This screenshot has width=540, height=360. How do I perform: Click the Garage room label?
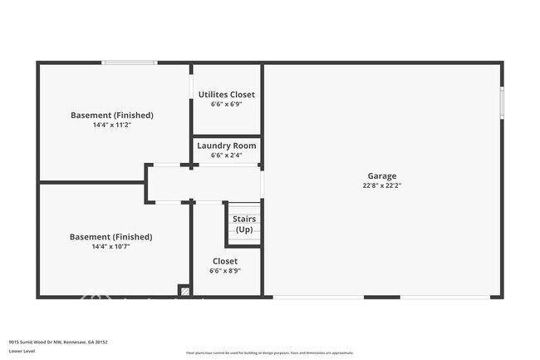(x=382, y=175)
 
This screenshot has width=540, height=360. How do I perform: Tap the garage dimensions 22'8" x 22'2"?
(x=382, y=185)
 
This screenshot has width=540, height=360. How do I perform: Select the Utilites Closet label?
(x=227, y=95)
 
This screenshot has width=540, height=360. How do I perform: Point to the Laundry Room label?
(x=227, y=145)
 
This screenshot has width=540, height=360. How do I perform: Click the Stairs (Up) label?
(x=244, y=224)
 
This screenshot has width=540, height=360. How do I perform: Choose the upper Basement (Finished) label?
(x=111, y=115)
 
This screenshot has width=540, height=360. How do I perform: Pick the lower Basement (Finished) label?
(x=110, y=237)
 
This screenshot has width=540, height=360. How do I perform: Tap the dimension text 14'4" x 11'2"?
(x=111, y=125)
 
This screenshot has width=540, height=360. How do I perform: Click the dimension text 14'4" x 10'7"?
(x=110, y=247)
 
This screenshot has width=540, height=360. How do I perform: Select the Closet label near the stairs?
(x=224, y=260)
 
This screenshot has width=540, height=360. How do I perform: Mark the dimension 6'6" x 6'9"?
(x=227, y=105)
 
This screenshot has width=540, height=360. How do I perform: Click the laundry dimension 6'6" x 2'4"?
(x=227, y=155)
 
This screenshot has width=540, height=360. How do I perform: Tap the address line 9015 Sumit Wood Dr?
(x=58, y=342)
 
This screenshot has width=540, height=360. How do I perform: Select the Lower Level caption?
(x=22, y=352)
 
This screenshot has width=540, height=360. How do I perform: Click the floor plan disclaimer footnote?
(x=270, y=353)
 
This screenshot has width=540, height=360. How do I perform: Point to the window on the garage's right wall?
(x=501, y=103)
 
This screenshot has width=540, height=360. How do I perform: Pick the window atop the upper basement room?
(x=129, y=62)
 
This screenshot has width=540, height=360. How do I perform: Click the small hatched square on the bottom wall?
(x=184, y=291)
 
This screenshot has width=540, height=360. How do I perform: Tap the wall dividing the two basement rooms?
(x=91, y=182)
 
